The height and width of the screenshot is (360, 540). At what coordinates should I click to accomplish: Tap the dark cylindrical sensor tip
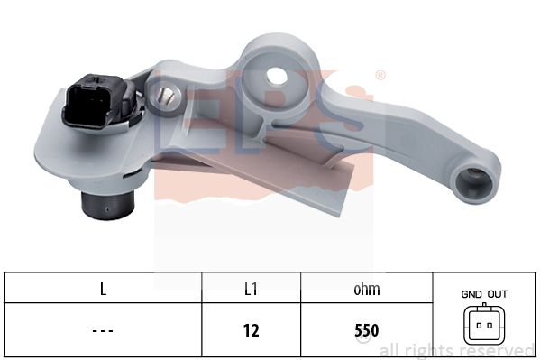(x=107, y=205)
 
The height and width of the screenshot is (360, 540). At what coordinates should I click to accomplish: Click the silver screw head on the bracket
(x=167, y=96)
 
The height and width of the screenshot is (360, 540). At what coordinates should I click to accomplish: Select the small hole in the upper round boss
(x=277, y=76)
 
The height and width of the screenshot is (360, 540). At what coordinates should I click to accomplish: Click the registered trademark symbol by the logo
(x=380, y=75)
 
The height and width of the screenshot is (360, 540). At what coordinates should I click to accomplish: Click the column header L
(x=103, y=289)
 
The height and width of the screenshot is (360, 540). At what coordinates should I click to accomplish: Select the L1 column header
(x=251, y=289)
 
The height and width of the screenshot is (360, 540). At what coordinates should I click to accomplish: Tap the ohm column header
(x=367, y=289)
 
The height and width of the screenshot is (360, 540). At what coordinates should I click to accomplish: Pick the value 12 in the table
(x=251, y=330)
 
